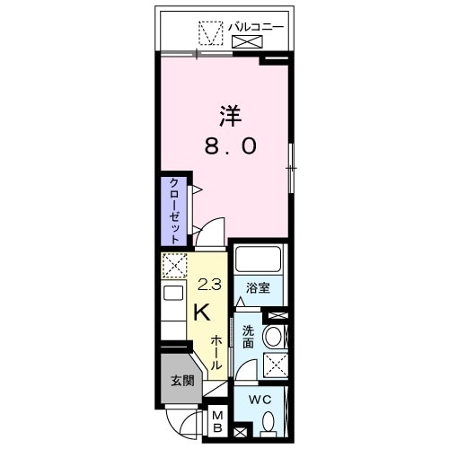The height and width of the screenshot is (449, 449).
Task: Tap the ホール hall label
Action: (217, 353)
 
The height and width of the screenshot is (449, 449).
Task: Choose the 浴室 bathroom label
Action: (259, 288)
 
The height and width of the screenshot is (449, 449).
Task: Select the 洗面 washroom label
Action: (248, 337)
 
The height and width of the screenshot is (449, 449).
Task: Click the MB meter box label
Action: (218, 422)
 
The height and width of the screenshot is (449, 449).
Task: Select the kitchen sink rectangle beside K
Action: (172, 293)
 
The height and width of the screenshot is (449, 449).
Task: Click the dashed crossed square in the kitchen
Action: (172, 265)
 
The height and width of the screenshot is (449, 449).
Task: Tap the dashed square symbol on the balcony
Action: (210, 33)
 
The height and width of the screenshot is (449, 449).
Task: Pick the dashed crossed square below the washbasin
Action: (275, 365)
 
